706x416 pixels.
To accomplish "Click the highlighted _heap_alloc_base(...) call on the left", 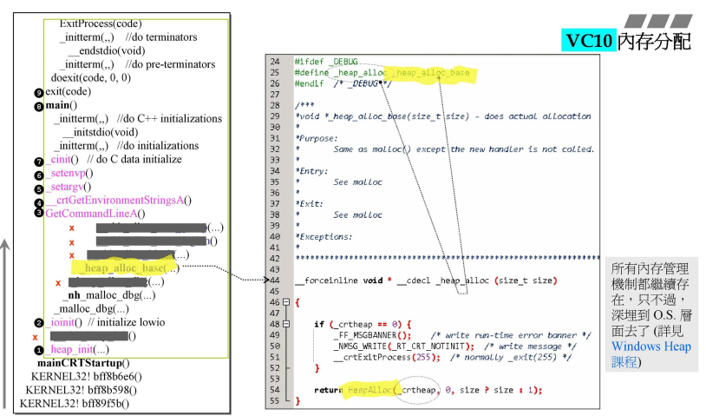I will (x=131, y=267).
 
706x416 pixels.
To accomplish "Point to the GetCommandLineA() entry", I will (x=95, y=214).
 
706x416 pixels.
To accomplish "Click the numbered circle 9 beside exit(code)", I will (x=39, y=92).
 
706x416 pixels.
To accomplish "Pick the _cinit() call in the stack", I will (x=63, y=160).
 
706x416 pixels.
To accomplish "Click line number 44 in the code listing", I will (x=275, y=281).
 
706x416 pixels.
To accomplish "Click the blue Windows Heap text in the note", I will (x=651, y=347).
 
